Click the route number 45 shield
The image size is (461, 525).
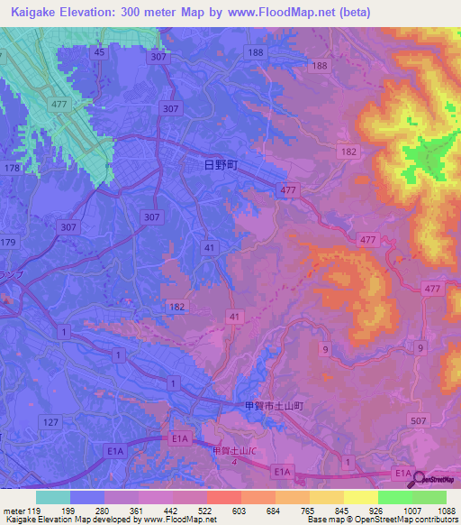99,53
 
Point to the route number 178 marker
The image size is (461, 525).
12,169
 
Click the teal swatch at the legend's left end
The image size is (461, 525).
53,497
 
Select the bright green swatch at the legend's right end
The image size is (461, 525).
429,497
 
